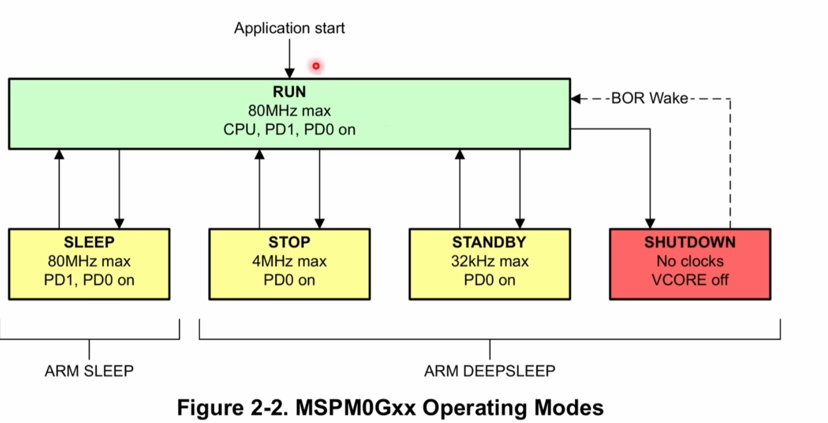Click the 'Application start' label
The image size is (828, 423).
pos(289,28)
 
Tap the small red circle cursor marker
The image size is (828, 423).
pos(316,66)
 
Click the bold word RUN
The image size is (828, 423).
pos(289,92)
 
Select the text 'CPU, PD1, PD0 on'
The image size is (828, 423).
pos(289,130)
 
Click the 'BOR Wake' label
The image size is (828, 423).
pos(649,98)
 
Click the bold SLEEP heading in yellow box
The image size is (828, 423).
pos(89,242)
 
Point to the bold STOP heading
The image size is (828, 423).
pos(289,242)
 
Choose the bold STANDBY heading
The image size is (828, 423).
pos(489,242)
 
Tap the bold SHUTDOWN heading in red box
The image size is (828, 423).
pos(690,242)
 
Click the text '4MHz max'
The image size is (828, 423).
pos(289,261)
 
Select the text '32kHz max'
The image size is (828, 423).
pos(489,261)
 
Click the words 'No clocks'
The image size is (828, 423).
pos(690,261)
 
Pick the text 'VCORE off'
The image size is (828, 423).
pos(690,280)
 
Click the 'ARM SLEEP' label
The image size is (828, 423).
pos(89,371)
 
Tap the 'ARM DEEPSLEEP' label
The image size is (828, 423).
pos(489,371)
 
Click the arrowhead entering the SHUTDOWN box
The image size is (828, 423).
pos(650,223)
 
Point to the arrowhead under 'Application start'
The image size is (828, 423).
pos(289,73)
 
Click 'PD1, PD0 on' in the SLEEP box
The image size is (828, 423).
pos(89,280)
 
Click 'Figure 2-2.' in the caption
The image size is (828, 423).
pos(232,408)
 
